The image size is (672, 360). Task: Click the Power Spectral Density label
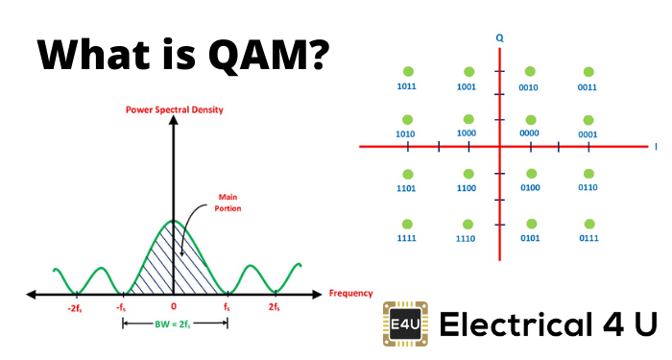click(x=174, y=109)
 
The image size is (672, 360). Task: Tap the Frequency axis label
click(x=350, y=293)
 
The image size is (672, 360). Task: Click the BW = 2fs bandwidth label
click(x=174, y=324)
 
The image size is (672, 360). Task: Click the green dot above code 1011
click(x=408, y=71)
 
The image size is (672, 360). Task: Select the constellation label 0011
click(x=588, y=86)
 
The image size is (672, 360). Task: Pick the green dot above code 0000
click(x=529, y=119)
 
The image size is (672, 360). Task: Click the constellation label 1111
click(x=408, y=237)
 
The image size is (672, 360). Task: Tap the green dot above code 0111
click(x=588, y=223)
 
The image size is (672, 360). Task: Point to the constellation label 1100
click(x=468, y=188)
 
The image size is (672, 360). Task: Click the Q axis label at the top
click(x=499, y=37)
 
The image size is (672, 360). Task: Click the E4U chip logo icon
click(x=404, y=324)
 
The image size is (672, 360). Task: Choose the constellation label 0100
click(x=529, y=188)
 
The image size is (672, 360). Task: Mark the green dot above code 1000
click(x=468, y=119)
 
